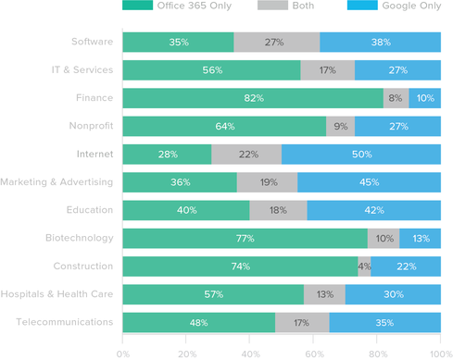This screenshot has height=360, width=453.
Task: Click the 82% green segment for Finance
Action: point(252,98)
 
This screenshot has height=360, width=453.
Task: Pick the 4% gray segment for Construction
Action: point(365,267)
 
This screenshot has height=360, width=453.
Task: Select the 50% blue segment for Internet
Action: point(360,155)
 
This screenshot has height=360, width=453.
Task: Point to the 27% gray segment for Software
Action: point(276,42)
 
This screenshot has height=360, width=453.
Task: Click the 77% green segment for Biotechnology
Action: point(245,239)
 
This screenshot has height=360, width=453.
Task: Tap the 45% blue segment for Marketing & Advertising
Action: point(369,182)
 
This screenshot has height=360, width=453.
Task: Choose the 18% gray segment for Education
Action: point(278,210)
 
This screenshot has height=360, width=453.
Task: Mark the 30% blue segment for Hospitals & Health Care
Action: point(393,294)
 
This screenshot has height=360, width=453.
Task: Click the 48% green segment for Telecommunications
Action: point(198,323)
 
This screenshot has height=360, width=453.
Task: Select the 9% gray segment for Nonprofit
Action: point(340,126)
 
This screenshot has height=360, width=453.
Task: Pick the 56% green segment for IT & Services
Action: point(211,70)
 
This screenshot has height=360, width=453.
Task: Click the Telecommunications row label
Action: point(66,323)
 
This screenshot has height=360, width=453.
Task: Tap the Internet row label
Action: point(94,155)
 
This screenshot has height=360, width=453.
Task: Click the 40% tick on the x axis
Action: point(249,353)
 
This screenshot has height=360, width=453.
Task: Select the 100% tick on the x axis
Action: point(439,353)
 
